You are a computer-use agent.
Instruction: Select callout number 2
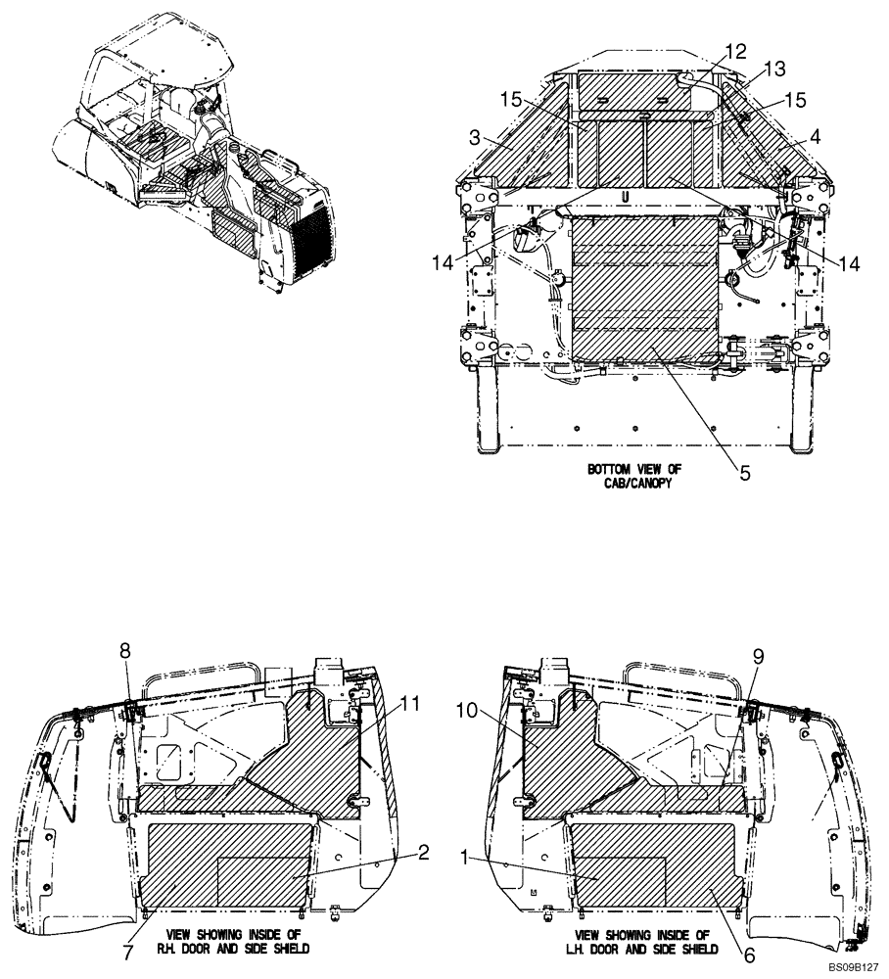pos(423,853)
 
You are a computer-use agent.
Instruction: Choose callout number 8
pos(124,649)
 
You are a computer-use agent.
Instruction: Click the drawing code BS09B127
pos(852,967)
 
